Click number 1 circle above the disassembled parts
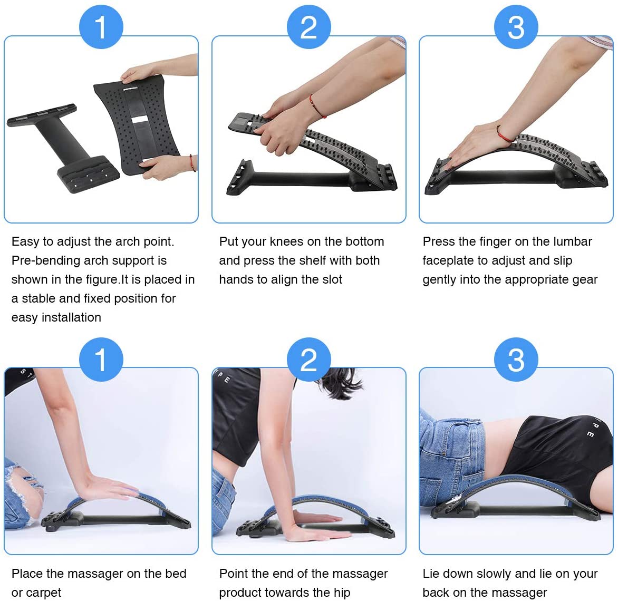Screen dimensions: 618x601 pos(101,27)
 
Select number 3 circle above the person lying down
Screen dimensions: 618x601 pos(516,360)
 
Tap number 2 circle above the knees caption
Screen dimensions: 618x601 pos(309,27)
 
